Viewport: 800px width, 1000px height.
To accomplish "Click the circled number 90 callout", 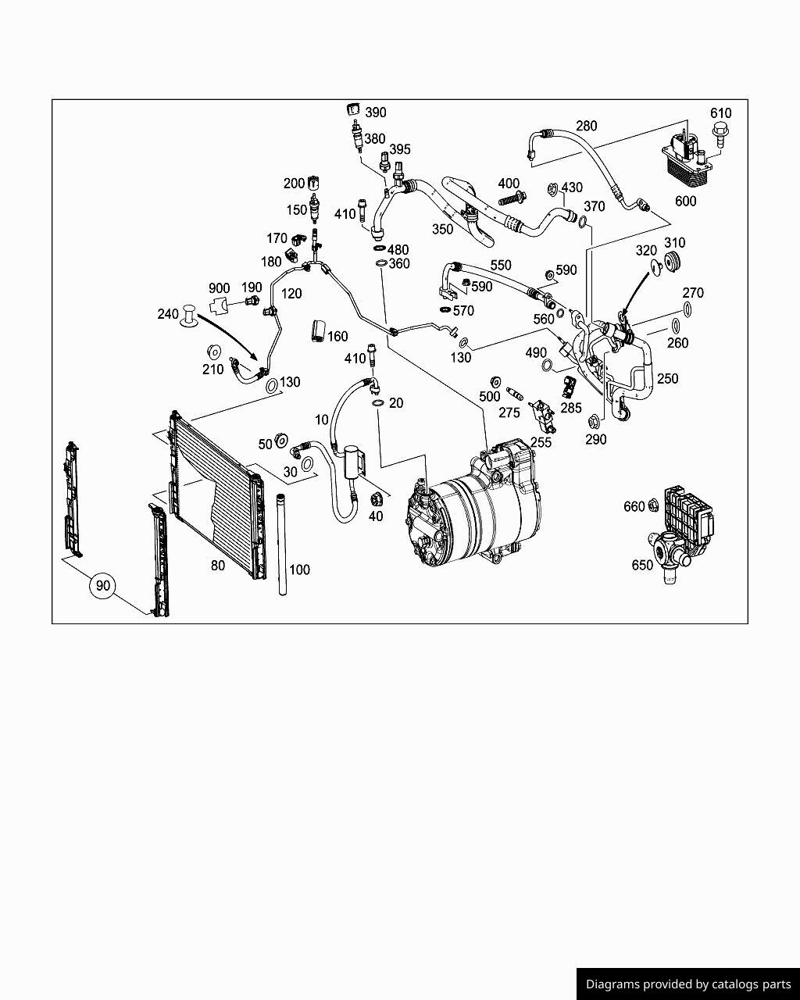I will coord(103,585).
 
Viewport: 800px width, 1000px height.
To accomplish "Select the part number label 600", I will coord(685,202).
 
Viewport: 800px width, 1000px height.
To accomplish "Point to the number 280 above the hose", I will coord(586,126).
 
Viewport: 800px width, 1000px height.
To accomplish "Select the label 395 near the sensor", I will coord(399,149).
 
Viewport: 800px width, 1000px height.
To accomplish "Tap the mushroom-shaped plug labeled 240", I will coord(190,316).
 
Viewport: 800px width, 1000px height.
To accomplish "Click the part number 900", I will coord(219,289).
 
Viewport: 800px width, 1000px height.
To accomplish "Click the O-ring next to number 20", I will coord(377,403).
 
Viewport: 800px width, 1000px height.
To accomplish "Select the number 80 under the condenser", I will coord(218,566).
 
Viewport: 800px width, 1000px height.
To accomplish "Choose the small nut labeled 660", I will coord(652,506).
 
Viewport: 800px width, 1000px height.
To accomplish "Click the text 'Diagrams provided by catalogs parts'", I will coord(688,984).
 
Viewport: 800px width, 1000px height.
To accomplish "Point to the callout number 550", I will coord(500,266).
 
